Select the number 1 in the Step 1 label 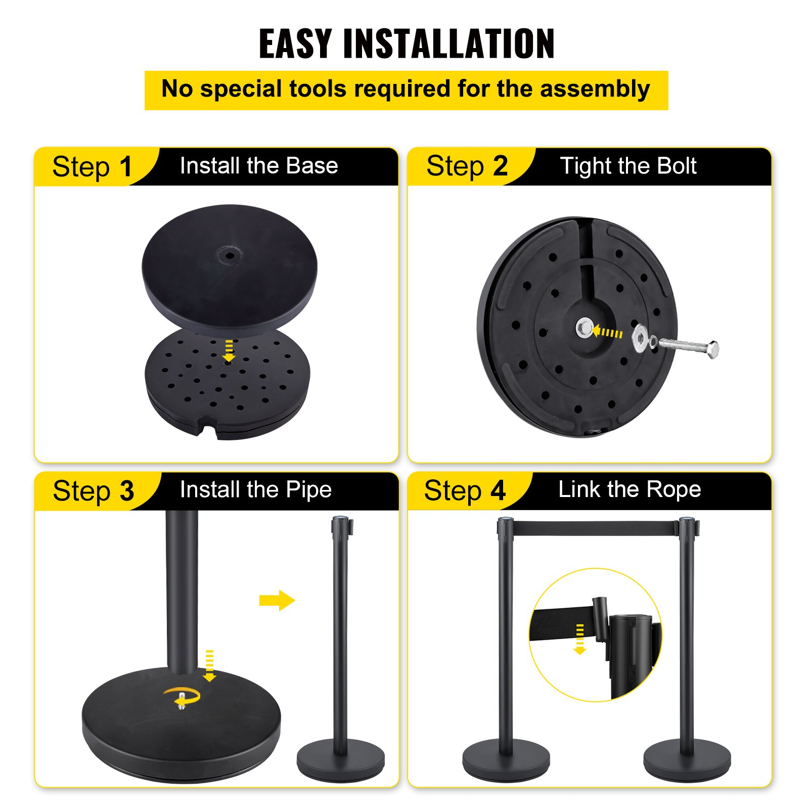click(125, 167)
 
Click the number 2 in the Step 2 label click(500, 166)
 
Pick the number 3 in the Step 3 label click(127, 491)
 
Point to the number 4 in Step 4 click(498, 490)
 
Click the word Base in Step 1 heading click(311, 166)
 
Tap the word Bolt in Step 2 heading click(672, 166)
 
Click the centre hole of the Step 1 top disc click(230, 255)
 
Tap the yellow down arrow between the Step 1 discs click(229, 351)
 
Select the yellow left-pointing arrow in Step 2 click(607, 332)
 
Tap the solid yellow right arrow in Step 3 click(277, 600)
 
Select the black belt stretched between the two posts click(596, 528)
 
